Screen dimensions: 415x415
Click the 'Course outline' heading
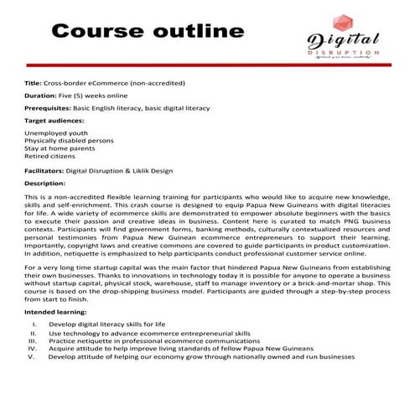pyautogui.click(x=142, y=33)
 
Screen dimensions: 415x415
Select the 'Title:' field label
pyautogui.click(x=33, y=84)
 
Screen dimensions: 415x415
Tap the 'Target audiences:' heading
pyautogui.click(x=54, y=121)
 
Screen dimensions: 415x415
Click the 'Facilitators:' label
pyautogui.click(x=44, y=170)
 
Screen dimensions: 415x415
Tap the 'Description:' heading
pyautogui.click(x=45, y=182)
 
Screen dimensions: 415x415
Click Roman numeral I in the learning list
pyautogui.click(x=33, y=323)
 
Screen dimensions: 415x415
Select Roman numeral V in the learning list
pyautogui.click(x=31, y=356)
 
